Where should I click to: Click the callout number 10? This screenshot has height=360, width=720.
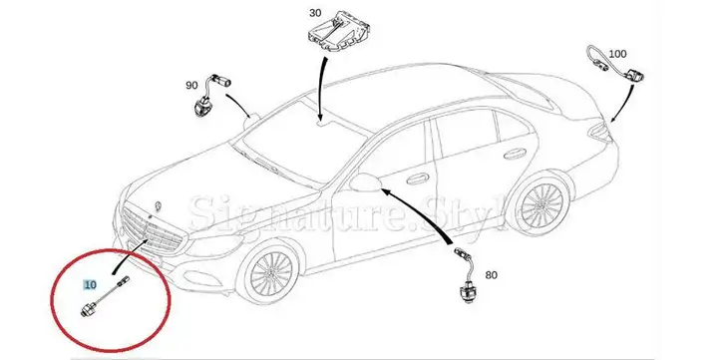point(91,285)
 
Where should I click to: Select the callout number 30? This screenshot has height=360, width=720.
point(315,13)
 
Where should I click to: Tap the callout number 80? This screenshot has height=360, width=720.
point(492,275)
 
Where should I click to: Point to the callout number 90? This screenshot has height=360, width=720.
point(191,86)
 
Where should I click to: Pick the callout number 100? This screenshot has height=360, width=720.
point(617,54)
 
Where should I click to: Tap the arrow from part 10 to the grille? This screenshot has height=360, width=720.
point(128,258)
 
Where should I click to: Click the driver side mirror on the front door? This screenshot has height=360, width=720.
point(366,182)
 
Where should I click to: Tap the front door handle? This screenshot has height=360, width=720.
point(418,179)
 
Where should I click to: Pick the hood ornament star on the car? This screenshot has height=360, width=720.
point(160,205)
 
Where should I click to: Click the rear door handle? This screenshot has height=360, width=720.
point(515,154)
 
